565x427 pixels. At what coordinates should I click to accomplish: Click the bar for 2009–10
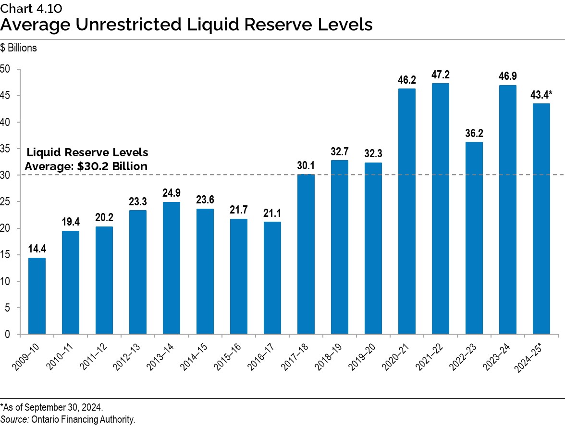click(37, 296)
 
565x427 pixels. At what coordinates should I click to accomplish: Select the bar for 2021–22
click(441, 209)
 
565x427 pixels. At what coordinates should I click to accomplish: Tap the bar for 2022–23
click(474, 238)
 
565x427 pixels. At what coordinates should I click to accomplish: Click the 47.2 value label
click(441, 75)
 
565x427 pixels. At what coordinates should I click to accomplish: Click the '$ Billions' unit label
click(19, 48)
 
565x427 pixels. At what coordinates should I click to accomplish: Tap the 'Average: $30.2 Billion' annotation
click(86, 166)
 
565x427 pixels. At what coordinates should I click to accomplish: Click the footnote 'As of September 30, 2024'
click(52, 407)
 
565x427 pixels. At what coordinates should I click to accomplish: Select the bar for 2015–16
click(239, 276)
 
